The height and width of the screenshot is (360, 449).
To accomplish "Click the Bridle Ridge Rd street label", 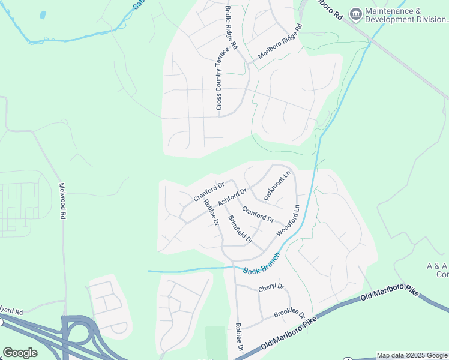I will [x=232, y=28].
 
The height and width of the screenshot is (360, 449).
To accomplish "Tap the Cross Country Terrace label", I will [x=219, y=78].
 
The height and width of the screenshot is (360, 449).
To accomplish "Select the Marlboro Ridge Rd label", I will [x=280, y=41].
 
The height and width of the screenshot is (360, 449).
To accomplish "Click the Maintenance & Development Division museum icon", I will [x=355, y=13].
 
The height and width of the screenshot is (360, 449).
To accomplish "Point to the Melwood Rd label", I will [x=62, y=200].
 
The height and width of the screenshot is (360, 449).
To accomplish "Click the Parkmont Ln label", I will [x=277, y=185].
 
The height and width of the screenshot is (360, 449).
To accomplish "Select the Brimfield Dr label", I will [x=240, y=229].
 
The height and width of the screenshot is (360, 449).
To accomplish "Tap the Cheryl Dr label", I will [x=271, y=288].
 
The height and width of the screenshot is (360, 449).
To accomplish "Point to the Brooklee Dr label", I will [x=289, y=314].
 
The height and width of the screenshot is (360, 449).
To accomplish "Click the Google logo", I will [x=20, y=352].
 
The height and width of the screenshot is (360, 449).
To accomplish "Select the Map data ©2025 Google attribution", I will [x=411, y=356].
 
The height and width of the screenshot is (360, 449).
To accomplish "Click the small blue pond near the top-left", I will [x=43, y=14].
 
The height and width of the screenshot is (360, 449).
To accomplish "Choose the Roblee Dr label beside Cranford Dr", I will [x=211, y=213].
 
